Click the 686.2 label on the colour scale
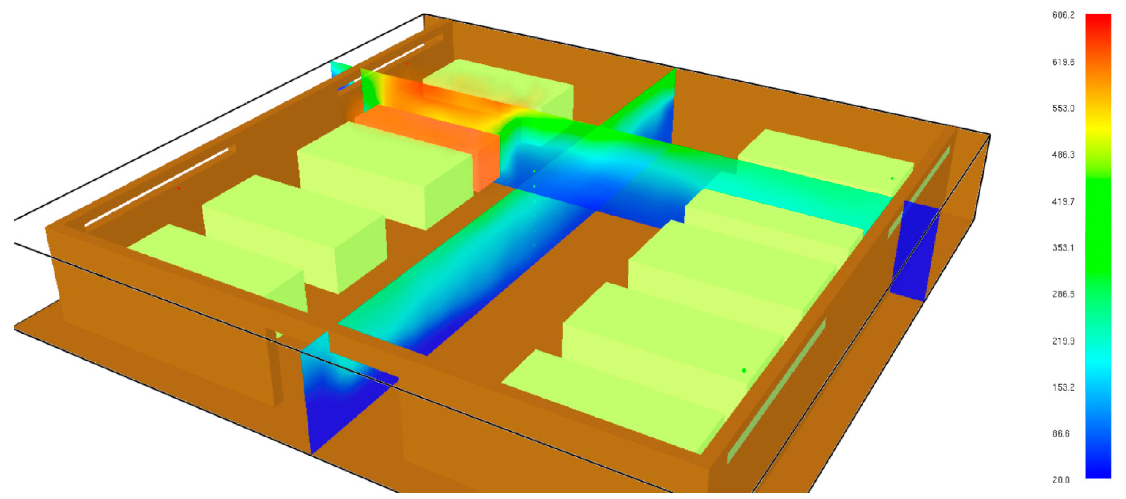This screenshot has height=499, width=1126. click(1063, 15)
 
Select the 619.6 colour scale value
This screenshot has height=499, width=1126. click(1063, 62)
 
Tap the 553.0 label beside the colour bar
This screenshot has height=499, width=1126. click(1063, 108)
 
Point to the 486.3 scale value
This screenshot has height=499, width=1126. click(1063, 155)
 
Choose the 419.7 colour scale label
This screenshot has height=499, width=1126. click(1063, 202)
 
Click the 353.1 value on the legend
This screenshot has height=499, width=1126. click(1063, 248)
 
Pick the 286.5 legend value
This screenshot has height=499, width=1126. click(1063, 294)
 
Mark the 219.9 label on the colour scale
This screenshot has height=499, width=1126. click(1063, 341)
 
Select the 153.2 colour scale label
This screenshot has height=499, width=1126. click(1063, 387)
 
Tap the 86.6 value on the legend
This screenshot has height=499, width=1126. click(1061, 434)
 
